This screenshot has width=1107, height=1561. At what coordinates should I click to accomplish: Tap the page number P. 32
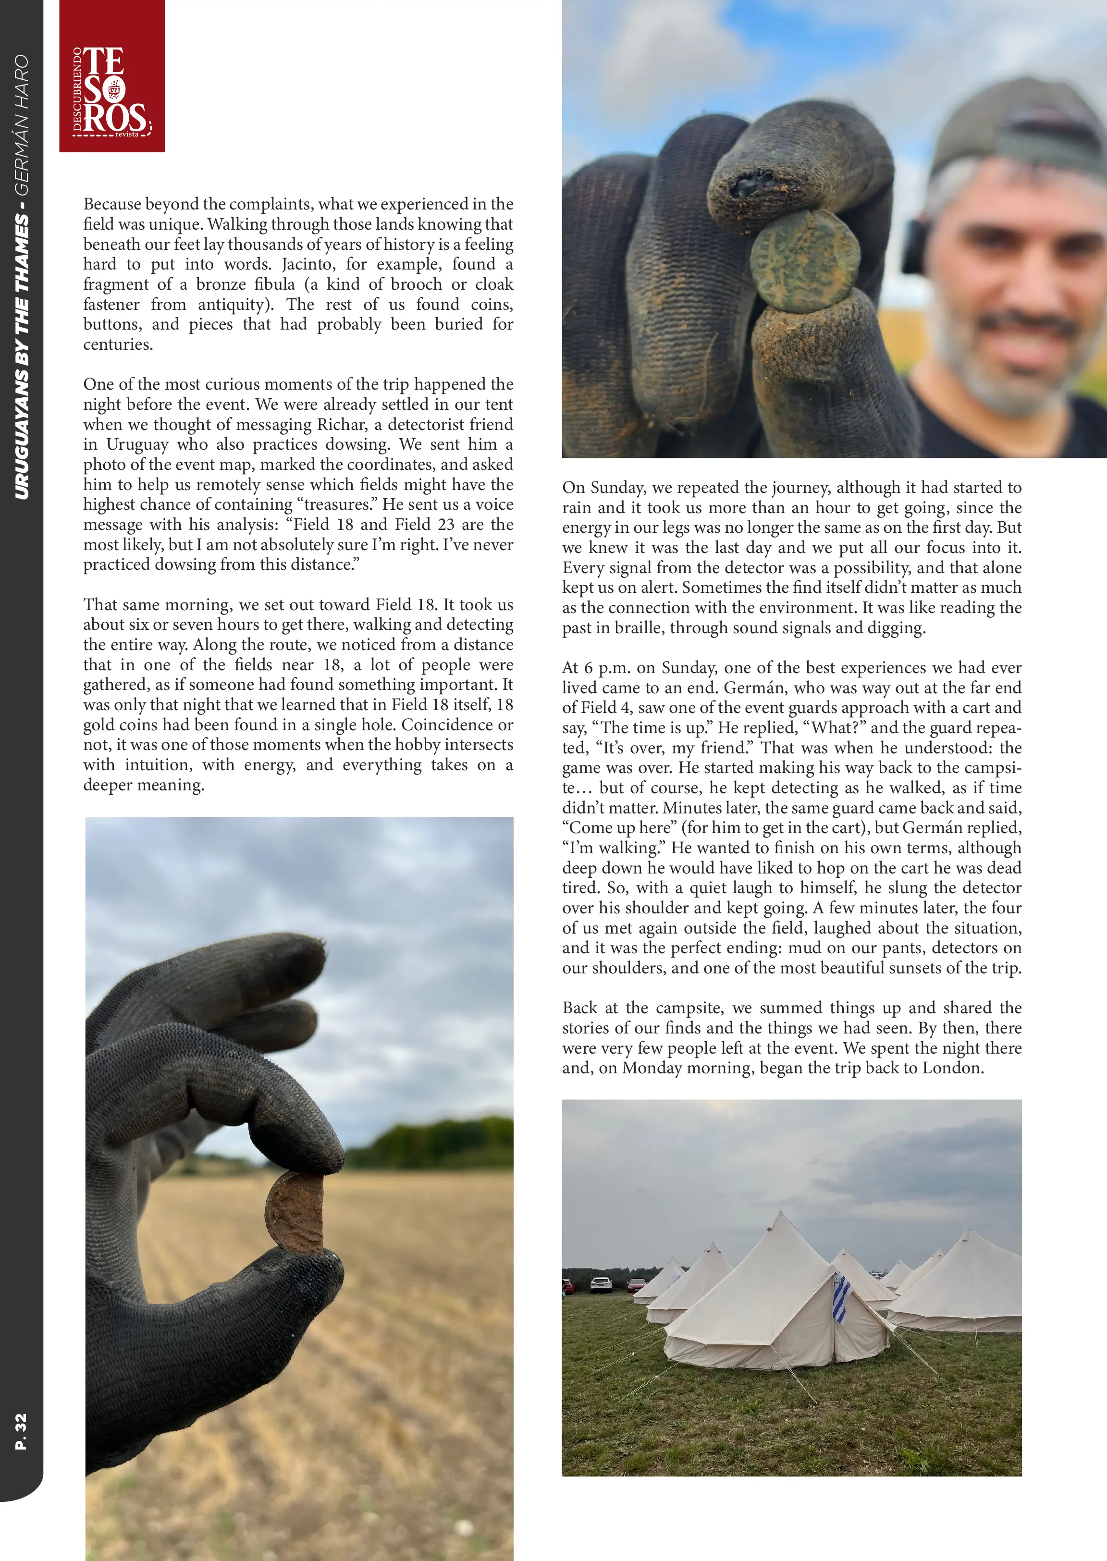[21, 1431]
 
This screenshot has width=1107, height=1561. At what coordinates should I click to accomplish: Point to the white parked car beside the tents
[601, 1284]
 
